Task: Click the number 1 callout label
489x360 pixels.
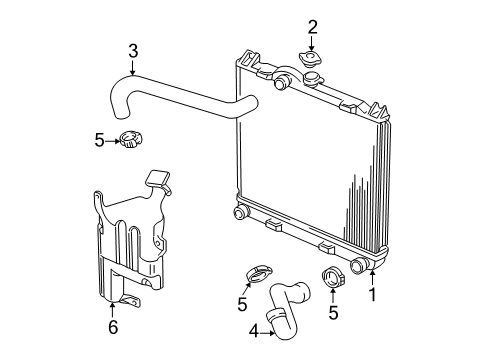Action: [x=373, y=295]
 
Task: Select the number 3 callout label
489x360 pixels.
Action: [x=132, y=49]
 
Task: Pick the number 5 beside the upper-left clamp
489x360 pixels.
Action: [x=98, y=141]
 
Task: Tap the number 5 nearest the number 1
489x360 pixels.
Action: [x=333, y=313]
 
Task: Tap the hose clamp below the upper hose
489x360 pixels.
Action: [x=128, y=140]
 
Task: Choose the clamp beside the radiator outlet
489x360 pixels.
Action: [x=332, y=278]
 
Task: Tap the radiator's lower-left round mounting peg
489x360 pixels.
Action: [x=239, y=212]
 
